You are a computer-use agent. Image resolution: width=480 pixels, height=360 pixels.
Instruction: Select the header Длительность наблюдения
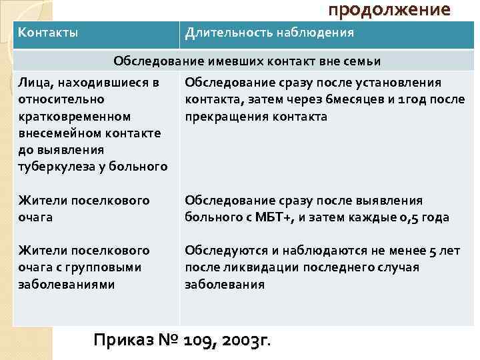point(269,32)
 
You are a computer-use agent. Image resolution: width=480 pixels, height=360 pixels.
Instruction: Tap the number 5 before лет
point(433,251)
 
